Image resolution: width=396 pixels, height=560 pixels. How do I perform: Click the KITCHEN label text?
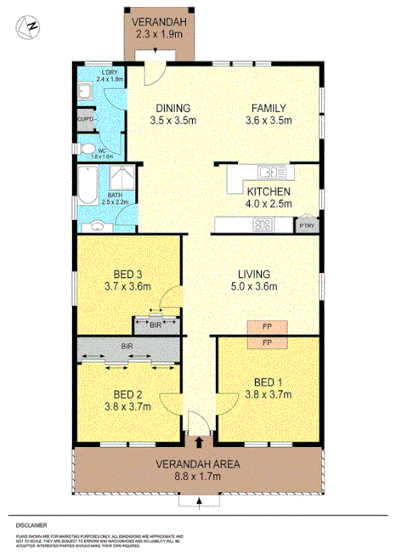pos(269,192)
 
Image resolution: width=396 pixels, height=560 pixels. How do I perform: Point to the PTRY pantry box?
pos(304,226)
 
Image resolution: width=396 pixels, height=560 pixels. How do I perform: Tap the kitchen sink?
pos(279,173)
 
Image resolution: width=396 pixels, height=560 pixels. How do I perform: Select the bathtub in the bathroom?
pos(88,184)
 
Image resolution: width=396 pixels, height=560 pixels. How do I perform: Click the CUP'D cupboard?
pos(85,120)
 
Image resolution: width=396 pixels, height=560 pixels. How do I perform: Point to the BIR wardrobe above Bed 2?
pos(127,347)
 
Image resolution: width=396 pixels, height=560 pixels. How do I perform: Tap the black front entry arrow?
pos(199,441)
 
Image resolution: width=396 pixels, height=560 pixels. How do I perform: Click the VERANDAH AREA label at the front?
pos(198,464)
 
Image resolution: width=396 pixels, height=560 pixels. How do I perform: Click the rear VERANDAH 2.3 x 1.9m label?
pos(160,28)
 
